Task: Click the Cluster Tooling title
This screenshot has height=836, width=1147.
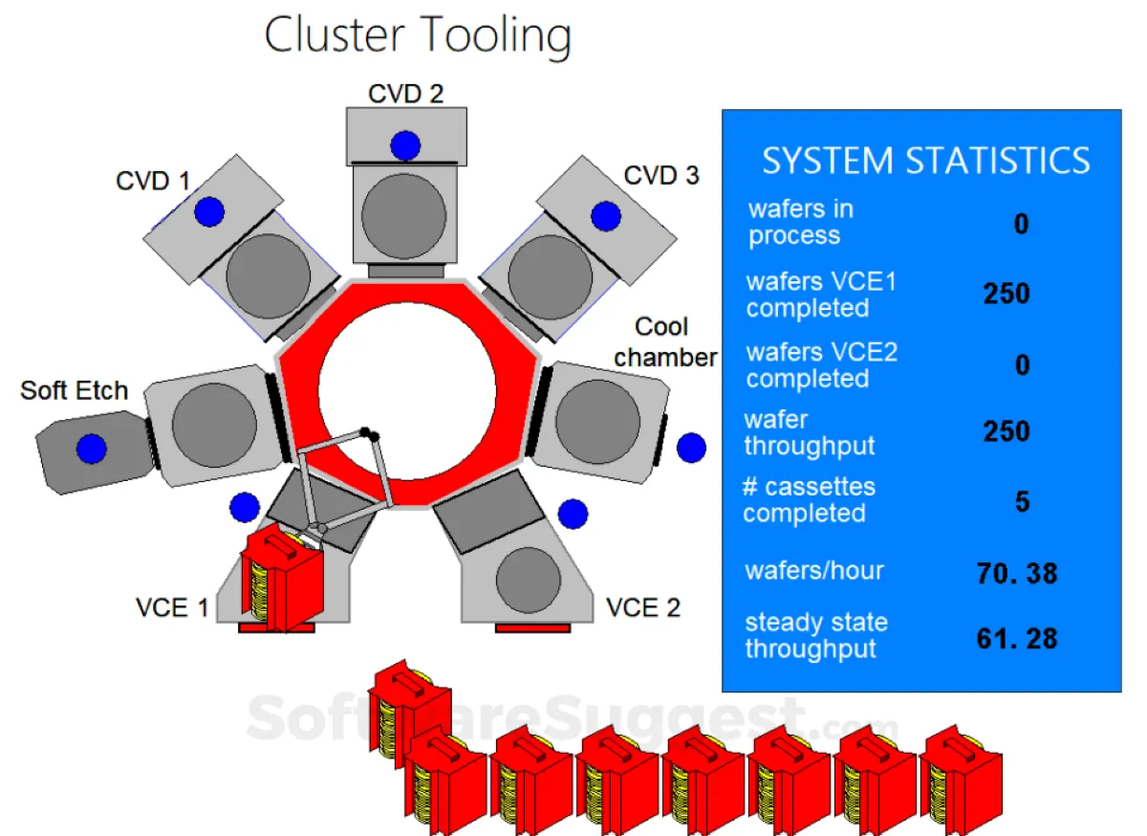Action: click(418, 36)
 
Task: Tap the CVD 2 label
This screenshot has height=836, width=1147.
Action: click(406, 93)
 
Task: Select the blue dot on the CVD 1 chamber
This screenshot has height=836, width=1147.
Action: click(209, 211)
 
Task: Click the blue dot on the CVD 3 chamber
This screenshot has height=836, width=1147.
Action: click(606, 216)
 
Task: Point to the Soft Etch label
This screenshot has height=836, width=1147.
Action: click(75, 390)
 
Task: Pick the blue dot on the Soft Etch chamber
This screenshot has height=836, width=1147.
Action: click(92, 448)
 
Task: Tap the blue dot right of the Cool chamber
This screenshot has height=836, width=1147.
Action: click(691, 448)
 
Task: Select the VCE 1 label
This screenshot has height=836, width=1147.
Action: click(172, 607)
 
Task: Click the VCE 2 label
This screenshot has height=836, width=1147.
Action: click(643, 607)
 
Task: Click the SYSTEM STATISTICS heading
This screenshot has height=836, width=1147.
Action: click(925, 161)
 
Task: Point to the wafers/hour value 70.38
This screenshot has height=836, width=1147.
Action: click(1017, 574)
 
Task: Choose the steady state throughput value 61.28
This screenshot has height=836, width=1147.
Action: click(1017, 638)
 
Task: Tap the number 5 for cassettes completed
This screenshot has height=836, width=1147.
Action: click(1022, 501)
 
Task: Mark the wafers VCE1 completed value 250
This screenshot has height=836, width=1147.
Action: click(1006, 294)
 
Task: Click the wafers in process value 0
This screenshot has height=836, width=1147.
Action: click(1022, 225)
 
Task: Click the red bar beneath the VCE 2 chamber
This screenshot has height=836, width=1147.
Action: click(532, 627)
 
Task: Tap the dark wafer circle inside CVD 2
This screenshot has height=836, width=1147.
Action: click(403, 214)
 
